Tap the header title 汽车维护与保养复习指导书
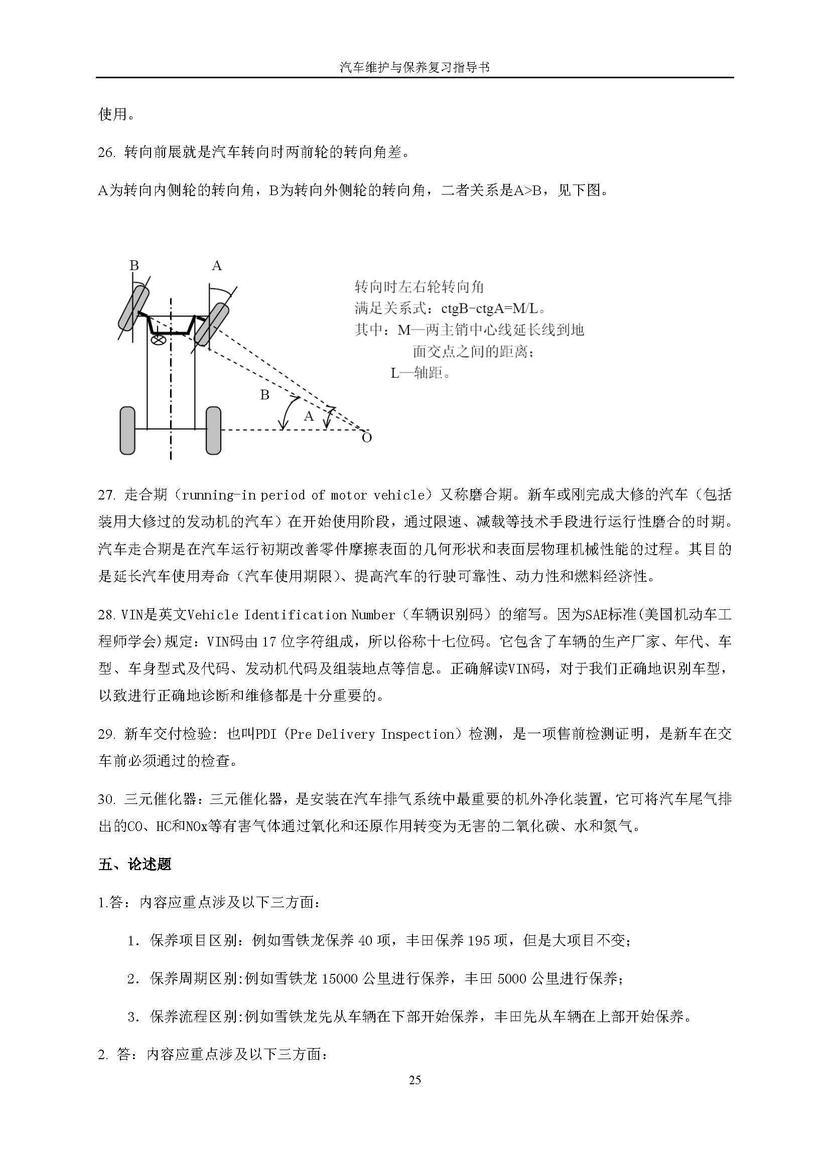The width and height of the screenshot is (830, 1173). [414, 67]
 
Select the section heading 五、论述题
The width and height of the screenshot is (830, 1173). [135, 864]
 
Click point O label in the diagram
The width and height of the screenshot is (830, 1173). [366, 438]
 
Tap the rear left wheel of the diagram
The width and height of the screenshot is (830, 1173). [127, 430]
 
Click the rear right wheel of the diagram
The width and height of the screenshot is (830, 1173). [213, 430]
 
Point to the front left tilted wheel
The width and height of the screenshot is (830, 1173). [133, 308]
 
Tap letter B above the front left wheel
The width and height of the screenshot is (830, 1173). [134, 266]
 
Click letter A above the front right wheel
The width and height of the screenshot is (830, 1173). [217, 266]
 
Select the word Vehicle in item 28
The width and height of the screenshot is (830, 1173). [213, 614]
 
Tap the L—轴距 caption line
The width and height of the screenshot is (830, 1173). [421, 373]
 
